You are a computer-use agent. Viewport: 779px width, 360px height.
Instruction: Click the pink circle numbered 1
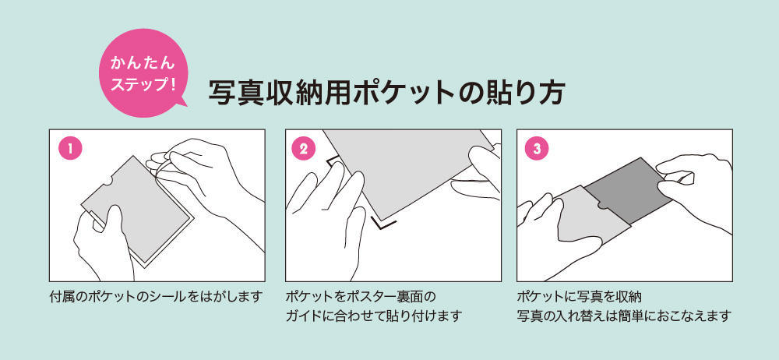click(x=70, y=149)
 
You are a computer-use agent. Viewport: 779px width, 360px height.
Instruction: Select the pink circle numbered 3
click(x=536, y=149)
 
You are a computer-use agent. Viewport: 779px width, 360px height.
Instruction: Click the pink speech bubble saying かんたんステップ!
click(x=143, y=72)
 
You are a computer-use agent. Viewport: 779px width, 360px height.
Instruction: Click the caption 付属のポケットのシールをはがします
click(x=156, y=298)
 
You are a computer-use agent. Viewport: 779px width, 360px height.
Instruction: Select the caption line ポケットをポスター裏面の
click(x=361, y=298)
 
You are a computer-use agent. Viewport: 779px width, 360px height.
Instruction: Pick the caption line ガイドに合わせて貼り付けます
click(x=374, y=316)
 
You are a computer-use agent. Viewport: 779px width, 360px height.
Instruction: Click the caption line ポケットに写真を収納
click(x=580, y=298)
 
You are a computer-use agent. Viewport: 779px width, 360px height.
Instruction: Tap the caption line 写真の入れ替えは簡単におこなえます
click(x=624, y=316)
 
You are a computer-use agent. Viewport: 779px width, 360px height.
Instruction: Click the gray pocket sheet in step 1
click(x=136, y=208)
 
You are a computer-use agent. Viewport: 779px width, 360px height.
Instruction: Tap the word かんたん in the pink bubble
click(x=143, y=64)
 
